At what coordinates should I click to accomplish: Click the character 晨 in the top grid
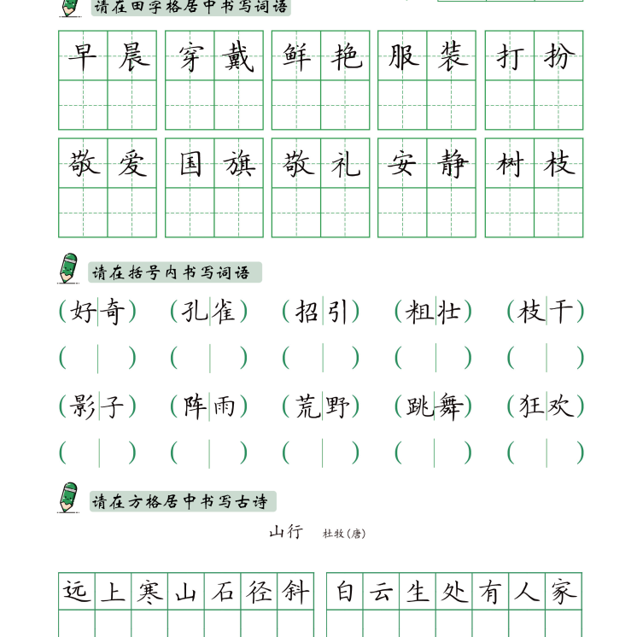click(x=132, y=56)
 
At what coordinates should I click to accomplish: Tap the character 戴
click(x=239, y=56)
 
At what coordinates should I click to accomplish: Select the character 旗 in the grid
click(x=239, y=164)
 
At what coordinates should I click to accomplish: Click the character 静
click(x=452, y=164)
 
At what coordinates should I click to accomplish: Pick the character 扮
click(x=558, y=56)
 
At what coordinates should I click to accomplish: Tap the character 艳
click(x=346, y=56)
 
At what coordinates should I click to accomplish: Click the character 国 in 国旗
click(x=190, y=164)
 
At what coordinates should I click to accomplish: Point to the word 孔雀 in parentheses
click(x=209, y=312)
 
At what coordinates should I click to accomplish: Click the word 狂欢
click(x=546, y=406)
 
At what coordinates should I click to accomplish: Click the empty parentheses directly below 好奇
click(x=97, y=358)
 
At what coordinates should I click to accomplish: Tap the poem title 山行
click(x=286, y=532)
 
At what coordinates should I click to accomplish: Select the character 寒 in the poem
click(x=149, y=592)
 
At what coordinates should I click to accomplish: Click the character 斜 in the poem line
click(x=295, y=592)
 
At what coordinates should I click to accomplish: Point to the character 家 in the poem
click(x=564, y=592)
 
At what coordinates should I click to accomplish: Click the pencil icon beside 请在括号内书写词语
click(x=68, y=268)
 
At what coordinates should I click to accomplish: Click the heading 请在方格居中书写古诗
click(x=183, y=501)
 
